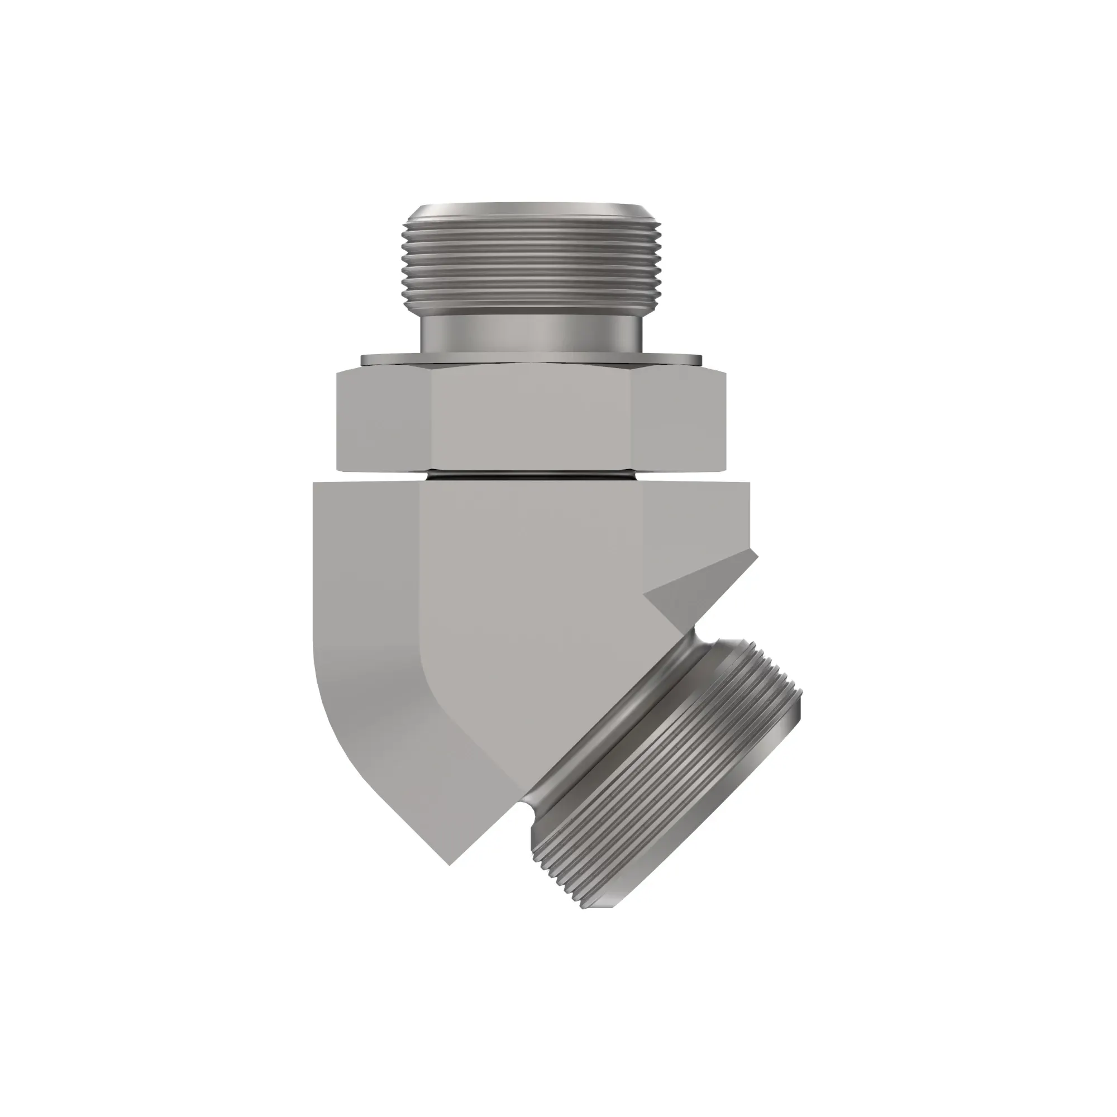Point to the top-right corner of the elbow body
click(750, 483)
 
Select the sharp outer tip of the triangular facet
click(756, 553)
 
